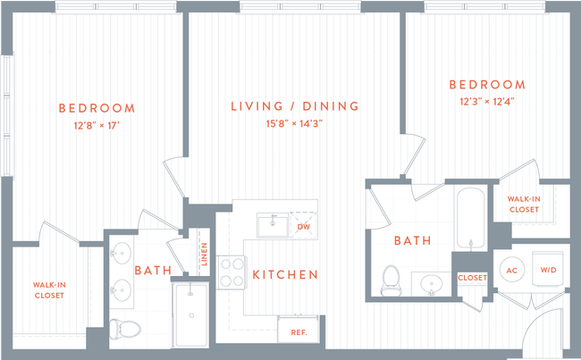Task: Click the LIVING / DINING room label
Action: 295,106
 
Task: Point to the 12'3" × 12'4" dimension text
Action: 486,101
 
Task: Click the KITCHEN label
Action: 284,274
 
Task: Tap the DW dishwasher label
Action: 303,228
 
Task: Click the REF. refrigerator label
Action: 297,332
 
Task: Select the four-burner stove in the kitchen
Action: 232,272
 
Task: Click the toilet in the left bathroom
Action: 121,329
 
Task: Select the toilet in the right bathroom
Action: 390,280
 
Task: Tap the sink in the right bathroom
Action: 432,285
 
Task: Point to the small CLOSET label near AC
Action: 471,278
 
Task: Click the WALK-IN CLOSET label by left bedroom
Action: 49,289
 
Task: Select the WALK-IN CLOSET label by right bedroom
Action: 524,204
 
